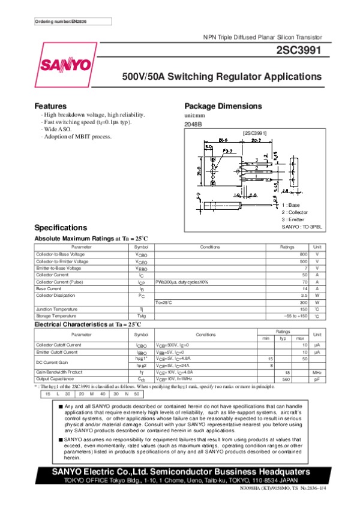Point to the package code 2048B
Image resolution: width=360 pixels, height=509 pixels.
(x=193, y=124)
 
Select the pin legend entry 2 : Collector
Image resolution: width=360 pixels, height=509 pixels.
(x=294, y=212)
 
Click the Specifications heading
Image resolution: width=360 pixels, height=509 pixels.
(x=61, y=228)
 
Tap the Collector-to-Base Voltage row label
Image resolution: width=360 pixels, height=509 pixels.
(x=62, y=255)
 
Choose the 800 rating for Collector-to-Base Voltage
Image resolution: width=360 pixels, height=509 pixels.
(x=304, y=255)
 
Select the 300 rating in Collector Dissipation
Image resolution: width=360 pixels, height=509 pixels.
(x=304, y=302)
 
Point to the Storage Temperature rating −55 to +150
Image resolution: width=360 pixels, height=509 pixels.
(x=295, y=315)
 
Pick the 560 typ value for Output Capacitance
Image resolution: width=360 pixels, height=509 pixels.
(x=286, y=379)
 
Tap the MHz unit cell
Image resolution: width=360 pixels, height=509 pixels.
(x=317, y=372)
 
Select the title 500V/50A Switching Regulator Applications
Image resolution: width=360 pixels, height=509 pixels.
(x=222, y=77)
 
